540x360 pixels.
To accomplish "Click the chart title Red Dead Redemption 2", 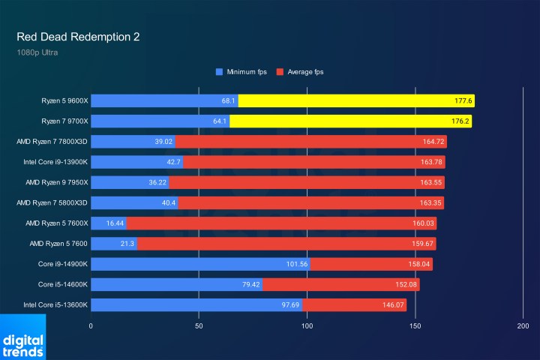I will click(x=78, y=37).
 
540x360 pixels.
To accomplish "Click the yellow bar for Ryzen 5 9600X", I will click(x=356, y=100).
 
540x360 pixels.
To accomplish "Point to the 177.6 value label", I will click(x=462, y=100).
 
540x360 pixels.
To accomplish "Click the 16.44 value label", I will click(x=114, y=223).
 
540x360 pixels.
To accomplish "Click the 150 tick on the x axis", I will click(x=415, y=327).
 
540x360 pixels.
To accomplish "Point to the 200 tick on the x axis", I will click(x=523, y=327).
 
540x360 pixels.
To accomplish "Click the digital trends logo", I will click(x=22, y=337).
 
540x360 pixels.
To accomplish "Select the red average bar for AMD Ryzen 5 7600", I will click(x=285, y=244).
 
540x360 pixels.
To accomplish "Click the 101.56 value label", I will click(x=297, y=264).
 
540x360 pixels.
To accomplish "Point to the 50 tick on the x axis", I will click(x=199, y=327).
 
